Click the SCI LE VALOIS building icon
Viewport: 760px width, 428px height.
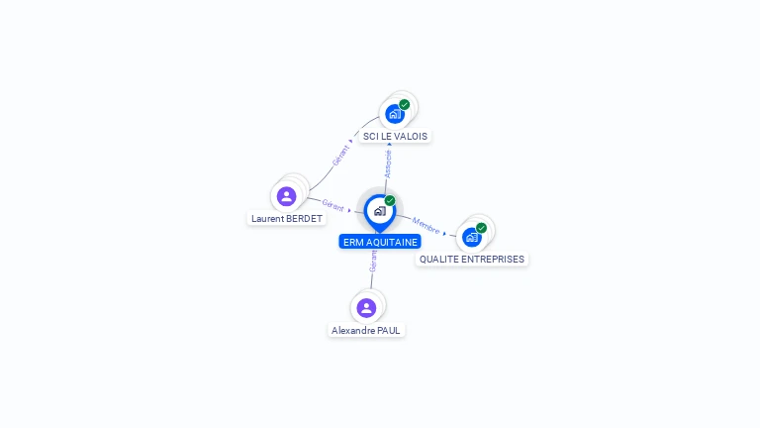coord(395,115)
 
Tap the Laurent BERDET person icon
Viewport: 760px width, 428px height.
coord(286,196)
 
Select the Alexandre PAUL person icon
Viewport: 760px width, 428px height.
coord(366,308)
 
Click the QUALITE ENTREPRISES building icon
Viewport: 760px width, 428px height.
coord(472,238)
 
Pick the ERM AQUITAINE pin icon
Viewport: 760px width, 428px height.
coord(380,213)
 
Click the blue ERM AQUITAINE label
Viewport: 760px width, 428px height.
coord(380,242)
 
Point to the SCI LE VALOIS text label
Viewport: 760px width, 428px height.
coord(395,137)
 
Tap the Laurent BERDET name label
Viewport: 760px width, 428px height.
coord(286,218)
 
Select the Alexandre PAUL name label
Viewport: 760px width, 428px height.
coord(366,331)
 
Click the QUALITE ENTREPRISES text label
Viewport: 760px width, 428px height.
coord(472,260)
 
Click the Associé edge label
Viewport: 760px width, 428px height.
coord(388,164)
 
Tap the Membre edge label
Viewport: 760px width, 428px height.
coord(426,226)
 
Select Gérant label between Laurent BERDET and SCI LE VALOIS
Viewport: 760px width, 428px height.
coord(340,156)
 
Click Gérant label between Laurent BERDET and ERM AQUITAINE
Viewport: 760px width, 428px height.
coord(332,205)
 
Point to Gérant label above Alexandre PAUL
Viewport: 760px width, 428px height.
coord(373,262)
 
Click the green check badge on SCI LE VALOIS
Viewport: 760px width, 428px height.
coord(404,104)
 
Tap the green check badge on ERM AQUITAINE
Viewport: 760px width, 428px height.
coord(390,200)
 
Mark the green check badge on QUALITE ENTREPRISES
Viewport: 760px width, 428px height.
coord(481,228)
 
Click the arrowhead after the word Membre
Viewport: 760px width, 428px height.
coord(444,234)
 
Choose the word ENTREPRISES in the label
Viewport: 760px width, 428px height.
coord(493,260)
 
